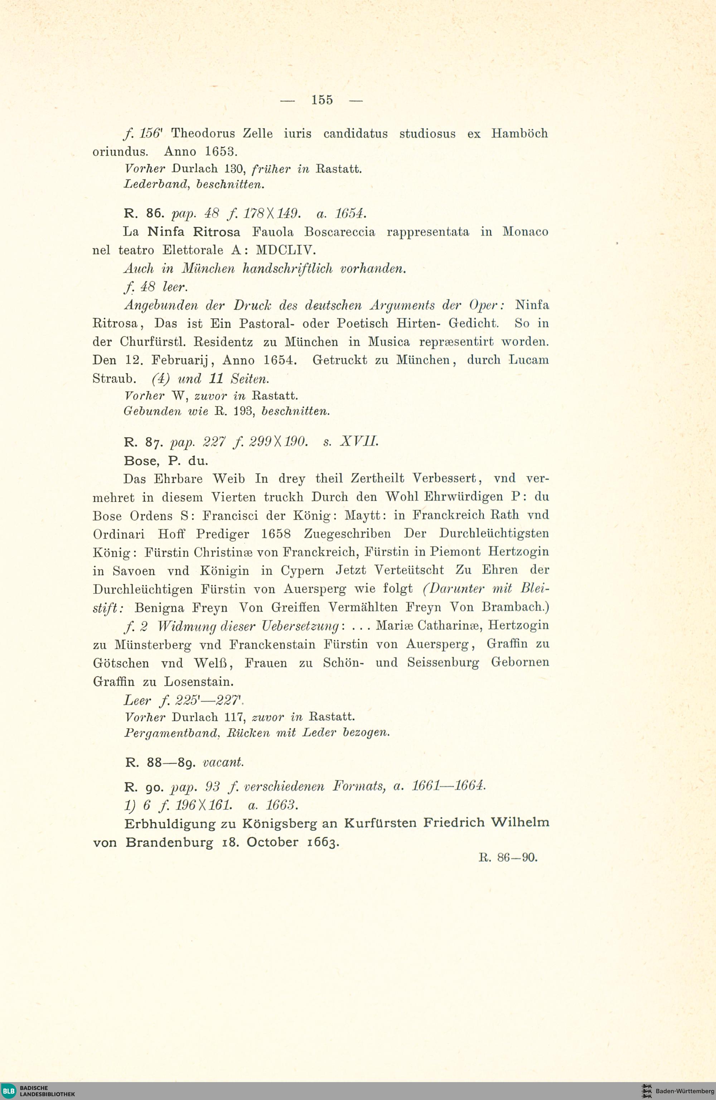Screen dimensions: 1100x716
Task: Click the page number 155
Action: point(322,100)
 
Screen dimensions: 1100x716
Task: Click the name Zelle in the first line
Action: point(257,134)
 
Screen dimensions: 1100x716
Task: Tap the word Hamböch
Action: point(519,134)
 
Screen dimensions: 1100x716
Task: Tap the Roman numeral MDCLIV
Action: point(285,250)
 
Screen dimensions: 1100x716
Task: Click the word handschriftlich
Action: point(287,269)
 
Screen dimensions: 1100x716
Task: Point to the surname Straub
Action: point(113,379)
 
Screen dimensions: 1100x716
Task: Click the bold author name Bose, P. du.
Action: point(166,461)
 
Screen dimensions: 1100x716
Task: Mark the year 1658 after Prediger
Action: point(276,534)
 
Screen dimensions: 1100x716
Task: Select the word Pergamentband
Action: point(171,733)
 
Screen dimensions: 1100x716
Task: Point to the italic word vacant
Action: point(223,762)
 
